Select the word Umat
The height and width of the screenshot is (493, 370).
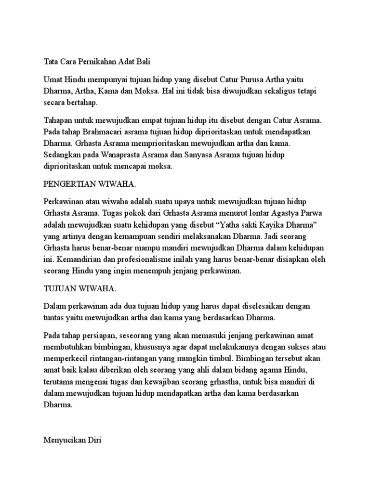point(53,79)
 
